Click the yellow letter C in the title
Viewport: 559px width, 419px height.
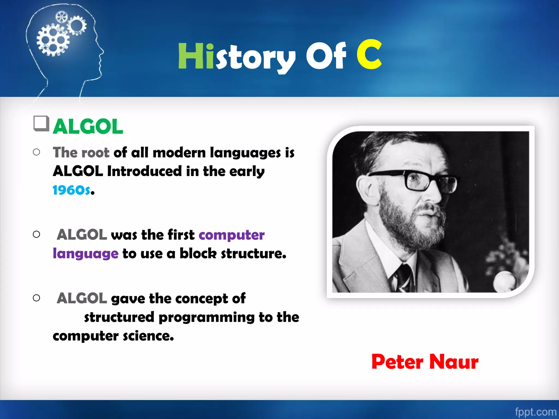[x=369, y=55]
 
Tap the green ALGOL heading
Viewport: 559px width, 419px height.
[x=88, y=127]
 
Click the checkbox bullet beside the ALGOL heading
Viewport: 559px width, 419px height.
[x=41, y=123]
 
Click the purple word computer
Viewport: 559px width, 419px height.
[x=231, y=235]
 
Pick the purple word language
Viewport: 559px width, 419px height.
[x=85, y=254]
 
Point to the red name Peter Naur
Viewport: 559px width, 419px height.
[x=425, y=362]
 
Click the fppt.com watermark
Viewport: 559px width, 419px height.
[x=535, y=412]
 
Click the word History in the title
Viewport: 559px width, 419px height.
[x=236, y=57]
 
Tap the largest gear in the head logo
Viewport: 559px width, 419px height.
[x=53, y=40]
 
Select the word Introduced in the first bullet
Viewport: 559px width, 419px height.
[x=144, y=171]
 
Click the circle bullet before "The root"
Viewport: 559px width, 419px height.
[x=36, y=152]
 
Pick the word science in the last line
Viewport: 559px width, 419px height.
[x=148, y=336]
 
